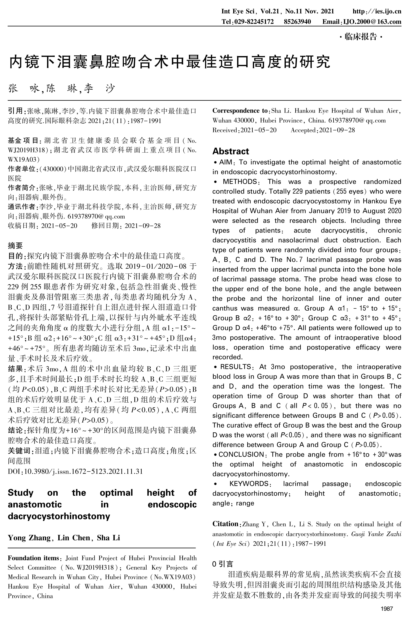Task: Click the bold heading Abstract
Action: [x=231, y=151]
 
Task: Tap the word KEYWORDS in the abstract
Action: [x=249, y=484]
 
